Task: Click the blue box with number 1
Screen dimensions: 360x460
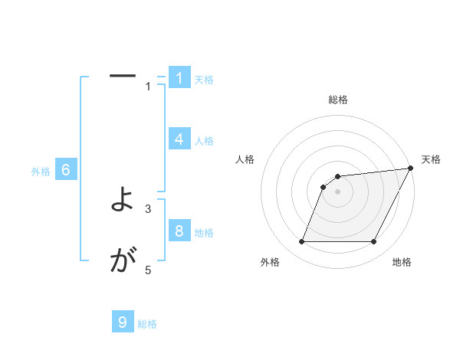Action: click(179, 77)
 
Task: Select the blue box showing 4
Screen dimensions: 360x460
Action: click(179, 139)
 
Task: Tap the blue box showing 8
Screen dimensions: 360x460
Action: click(179, 231)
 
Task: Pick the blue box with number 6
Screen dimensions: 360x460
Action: click(66, 170)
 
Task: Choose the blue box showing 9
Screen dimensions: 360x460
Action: click(123, 322)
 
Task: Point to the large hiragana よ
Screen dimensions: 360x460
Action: click(123, 201)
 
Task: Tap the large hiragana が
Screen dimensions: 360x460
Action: click(123, 262)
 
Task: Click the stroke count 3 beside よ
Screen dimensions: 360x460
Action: click(149, 208)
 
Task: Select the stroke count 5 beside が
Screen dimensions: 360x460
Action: click(149, 270)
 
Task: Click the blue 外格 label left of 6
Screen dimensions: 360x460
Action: click(41, 172)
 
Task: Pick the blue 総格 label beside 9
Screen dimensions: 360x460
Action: click(147, 324)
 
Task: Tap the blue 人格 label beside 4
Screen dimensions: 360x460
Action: click(204, 141)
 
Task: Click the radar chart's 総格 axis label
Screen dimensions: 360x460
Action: click(338, 100)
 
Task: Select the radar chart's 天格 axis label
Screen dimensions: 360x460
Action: click(431, 159)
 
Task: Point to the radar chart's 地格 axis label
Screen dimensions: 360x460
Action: click(402, 263)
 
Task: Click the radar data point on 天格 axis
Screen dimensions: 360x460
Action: click(410, 169)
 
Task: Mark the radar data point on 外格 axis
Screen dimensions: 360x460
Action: click(302, 242)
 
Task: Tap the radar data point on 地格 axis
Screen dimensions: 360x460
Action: click(373, 242)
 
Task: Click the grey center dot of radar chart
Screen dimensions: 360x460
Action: click(338, 192)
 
